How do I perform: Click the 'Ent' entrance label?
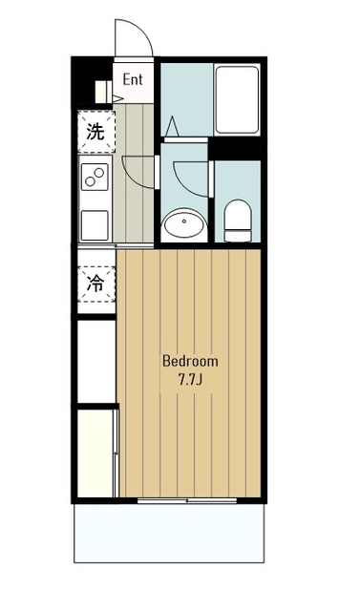pos(133,79)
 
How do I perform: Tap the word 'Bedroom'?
pos(190,361)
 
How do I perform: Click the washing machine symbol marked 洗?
pos(96,132)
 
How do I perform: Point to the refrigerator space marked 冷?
pos(96,284)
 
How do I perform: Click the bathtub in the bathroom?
pos(237,100)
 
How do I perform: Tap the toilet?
pos(238,221)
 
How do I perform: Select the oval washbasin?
pos(183,225)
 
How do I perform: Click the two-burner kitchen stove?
pos(95,177)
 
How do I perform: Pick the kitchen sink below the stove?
pos(95,225)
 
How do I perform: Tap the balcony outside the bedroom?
pos(169,534)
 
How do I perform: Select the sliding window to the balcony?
pos(187,500)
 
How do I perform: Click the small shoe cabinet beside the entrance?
pos(104,92)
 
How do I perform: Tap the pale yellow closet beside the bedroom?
pos(95,453)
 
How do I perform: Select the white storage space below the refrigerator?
pos(96,361)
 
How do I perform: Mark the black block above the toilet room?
pos(235,148)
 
